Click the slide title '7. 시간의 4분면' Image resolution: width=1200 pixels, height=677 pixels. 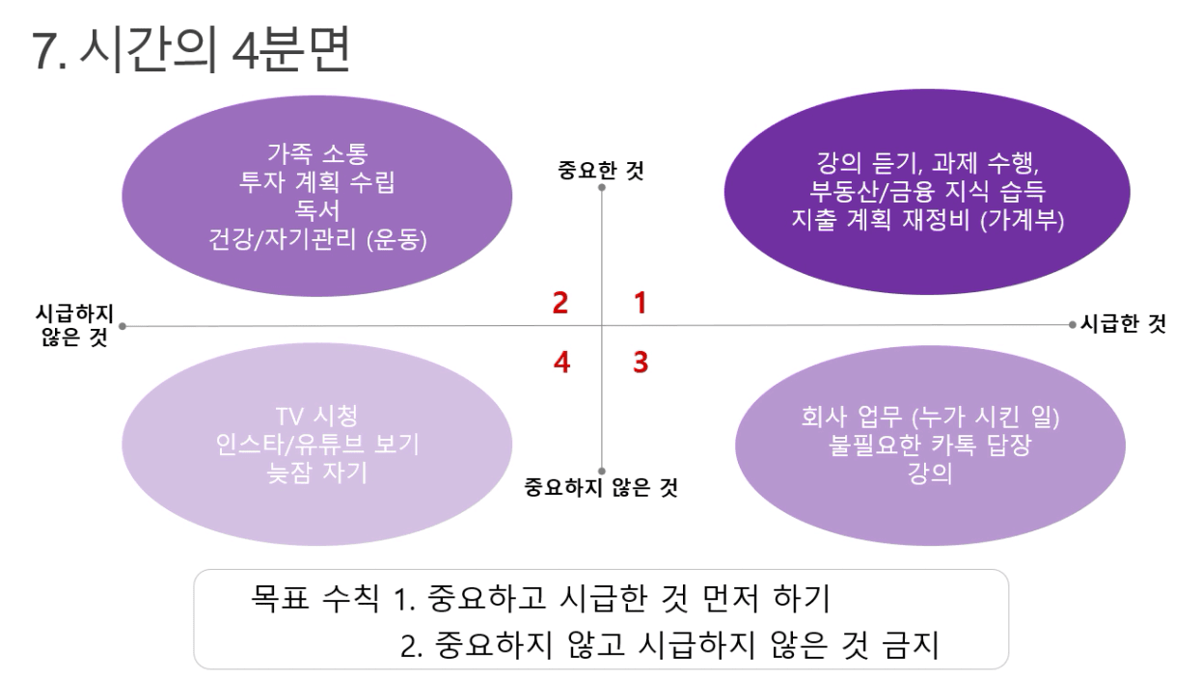pos(191,49)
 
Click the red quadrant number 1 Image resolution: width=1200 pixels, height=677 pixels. pos(641,303)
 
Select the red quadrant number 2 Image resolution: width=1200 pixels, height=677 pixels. pos(560,303)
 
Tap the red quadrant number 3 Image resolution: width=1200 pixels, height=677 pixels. pos(641,362)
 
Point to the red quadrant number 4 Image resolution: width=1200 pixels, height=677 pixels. pos(561,362)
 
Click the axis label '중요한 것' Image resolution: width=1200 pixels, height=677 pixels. pos(601,171)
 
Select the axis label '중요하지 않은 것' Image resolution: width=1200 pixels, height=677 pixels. pos(601,487)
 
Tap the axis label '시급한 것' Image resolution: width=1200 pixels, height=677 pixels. pos(1123,324)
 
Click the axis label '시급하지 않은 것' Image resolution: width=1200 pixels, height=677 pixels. pos(74,326)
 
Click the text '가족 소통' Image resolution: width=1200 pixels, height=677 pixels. pos(317,153)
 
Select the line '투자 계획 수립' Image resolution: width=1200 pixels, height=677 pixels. pos(317,182)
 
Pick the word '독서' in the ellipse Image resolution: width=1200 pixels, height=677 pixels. pos(317,210)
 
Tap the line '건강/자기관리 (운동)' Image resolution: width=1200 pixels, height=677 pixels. pos(317,239)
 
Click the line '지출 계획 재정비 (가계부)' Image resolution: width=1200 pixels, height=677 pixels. pos(927,220)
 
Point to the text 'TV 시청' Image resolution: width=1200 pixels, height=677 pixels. pos(317,417)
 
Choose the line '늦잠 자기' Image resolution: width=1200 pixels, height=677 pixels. pos(317,473)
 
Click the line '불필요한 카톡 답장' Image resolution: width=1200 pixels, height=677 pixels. pos(930,445)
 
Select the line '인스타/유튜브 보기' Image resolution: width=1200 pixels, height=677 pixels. pos(317,445)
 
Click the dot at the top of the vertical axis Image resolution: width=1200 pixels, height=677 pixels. pos(602,187)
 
